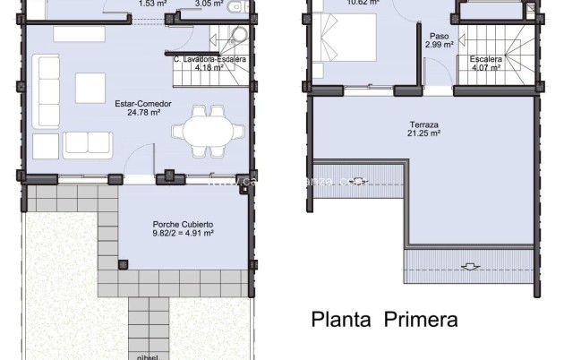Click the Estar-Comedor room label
point(137,104)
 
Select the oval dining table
point(208,128)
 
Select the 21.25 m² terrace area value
point(424,134)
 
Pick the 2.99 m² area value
point(440,45)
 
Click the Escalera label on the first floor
point(487,59)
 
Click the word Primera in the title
point(420,318)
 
